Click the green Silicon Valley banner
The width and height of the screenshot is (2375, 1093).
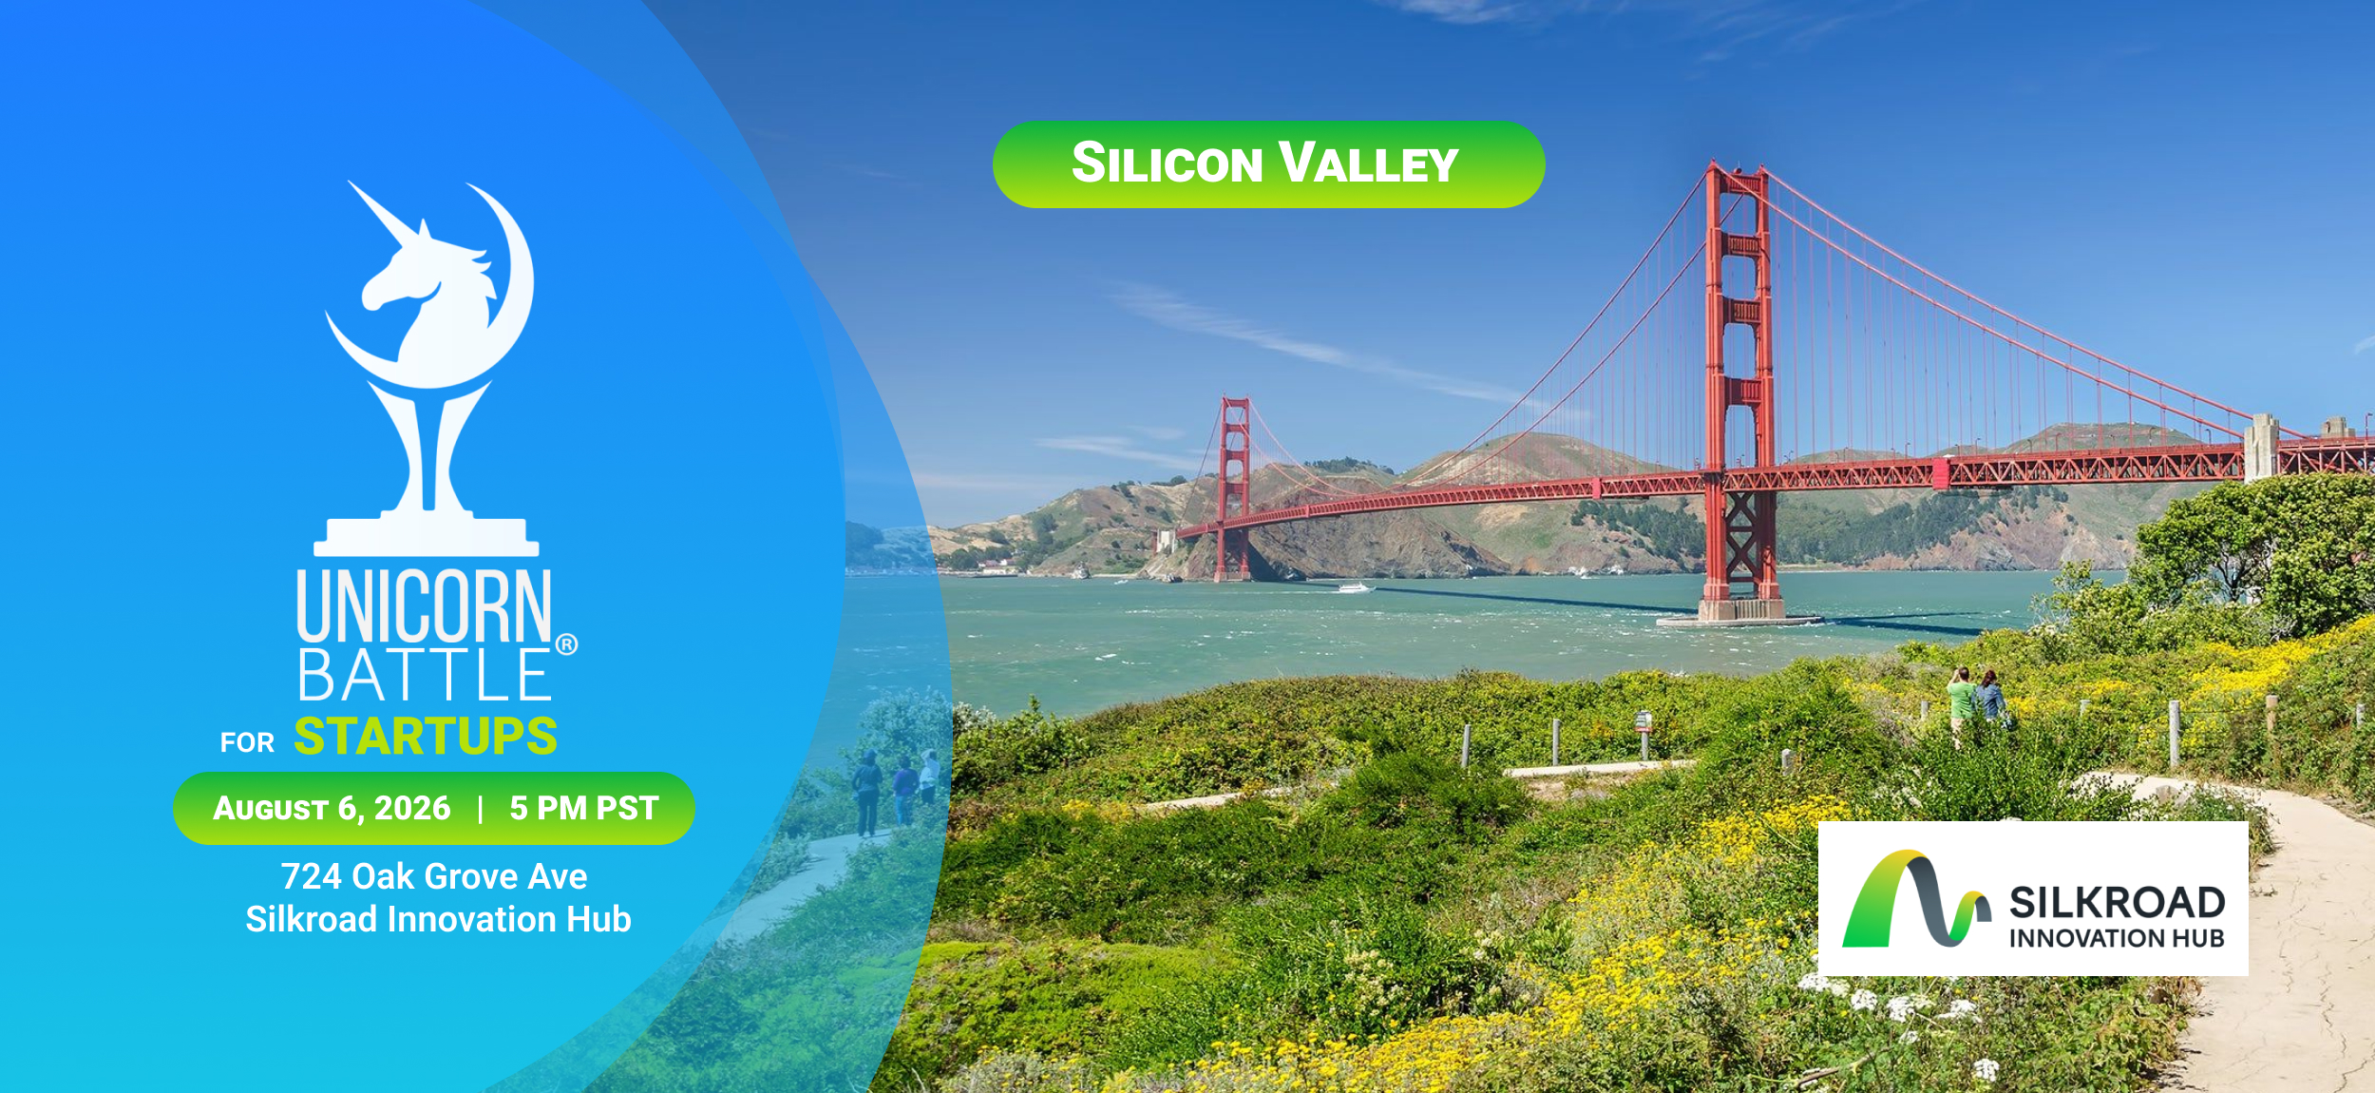[x=1268, y=164]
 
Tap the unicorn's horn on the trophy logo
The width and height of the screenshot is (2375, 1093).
[x=384, y=213]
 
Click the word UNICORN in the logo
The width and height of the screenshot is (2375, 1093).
[x=424, y=605]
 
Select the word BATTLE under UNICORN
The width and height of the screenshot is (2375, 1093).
[x=424, y=675]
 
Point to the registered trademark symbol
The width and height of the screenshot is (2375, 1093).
[x=566, y=644]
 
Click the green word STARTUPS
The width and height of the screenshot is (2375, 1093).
[x=426, y=736]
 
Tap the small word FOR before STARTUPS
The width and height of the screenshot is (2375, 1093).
[x=247, y=742]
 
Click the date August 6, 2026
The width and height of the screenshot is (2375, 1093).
[x=332, y=808]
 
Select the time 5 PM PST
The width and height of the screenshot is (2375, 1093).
[x=583, y=808]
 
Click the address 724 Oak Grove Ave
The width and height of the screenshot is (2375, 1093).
[x=434, y=875]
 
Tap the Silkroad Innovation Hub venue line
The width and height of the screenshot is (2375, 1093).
[x=438, y=919]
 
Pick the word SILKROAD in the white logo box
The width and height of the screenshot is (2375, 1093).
[x=2118, y=902]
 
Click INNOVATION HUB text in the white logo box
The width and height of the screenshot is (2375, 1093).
[x=2117, y=938]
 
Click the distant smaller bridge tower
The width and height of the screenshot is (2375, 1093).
[x=1234, y=488]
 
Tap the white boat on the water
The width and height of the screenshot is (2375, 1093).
[x=1355, y=587]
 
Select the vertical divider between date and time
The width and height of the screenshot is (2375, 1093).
[x=481, y=808]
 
